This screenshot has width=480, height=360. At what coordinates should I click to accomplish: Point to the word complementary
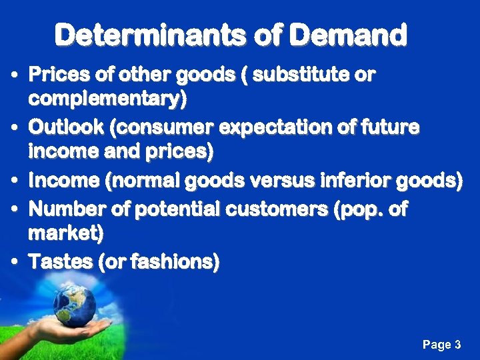tap(107, 100)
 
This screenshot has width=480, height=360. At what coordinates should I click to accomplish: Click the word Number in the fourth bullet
tap(63, 209)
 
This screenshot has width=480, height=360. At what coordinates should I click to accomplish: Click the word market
tap(65, 235)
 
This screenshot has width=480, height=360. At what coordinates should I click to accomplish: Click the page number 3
tap(457, 345)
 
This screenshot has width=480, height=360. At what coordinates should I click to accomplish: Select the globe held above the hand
tap(75, 304)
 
